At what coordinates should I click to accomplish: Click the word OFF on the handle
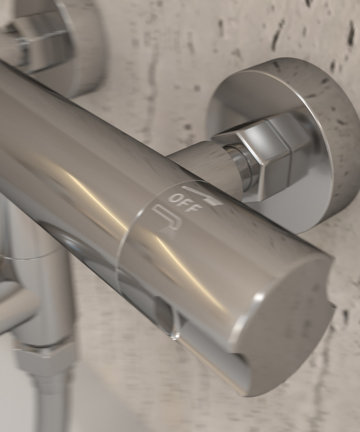(184, 203)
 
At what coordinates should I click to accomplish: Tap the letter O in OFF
(174, 199)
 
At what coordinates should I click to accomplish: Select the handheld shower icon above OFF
(203, 195)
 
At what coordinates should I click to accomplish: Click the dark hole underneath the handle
(163, 308)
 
